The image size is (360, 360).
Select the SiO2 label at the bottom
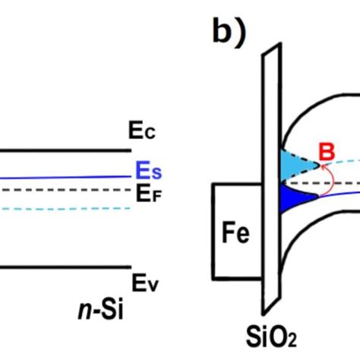[267, 335]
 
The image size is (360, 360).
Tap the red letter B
[327, 155]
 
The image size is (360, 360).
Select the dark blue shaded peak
[293, 199]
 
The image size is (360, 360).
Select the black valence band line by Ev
[61, 267]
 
